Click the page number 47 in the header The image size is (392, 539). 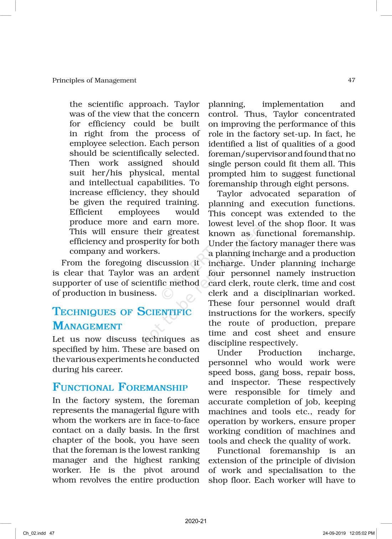(351, 80)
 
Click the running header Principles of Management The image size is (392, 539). (94, 81)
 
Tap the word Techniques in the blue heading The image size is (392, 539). (84, 312)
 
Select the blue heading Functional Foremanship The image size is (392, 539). (120, 387)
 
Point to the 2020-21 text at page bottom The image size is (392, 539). (196, 521)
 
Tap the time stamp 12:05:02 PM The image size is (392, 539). (362, 533)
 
